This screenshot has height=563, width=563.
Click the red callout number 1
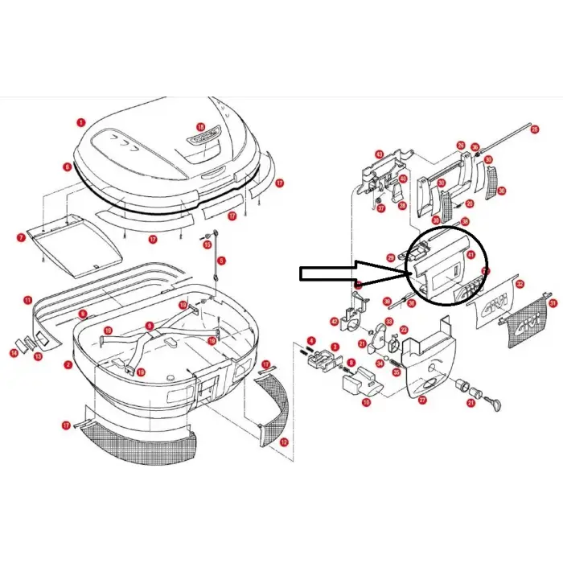pyautogui.click(x=80, y=122)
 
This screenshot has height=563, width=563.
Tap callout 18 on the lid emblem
pyautogui.click(x=201, y=128)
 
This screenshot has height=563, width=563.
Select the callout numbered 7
pyautogui.click(x=21, y=237)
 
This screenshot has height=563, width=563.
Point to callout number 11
pyautogui.click(x=27, y=300)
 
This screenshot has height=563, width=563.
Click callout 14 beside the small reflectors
pyautogui.click(x=14, y=353)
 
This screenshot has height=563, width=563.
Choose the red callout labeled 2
pyautogui.click(x=68, y=364)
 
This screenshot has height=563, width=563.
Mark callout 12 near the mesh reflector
pyautogui.click(x=283, y=442)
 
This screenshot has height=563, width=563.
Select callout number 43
pyautogui.click(x=379, y=154)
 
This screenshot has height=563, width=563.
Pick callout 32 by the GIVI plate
pyautogui.click(x=520, y=284)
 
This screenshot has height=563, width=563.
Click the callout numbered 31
pyautogui.click(x=553, y=302)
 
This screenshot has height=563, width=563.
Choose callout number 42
pyautogui.click(x=334, y=322)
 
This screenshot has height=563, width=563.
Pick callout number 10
pyautogui.click(x=367, y=402)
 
